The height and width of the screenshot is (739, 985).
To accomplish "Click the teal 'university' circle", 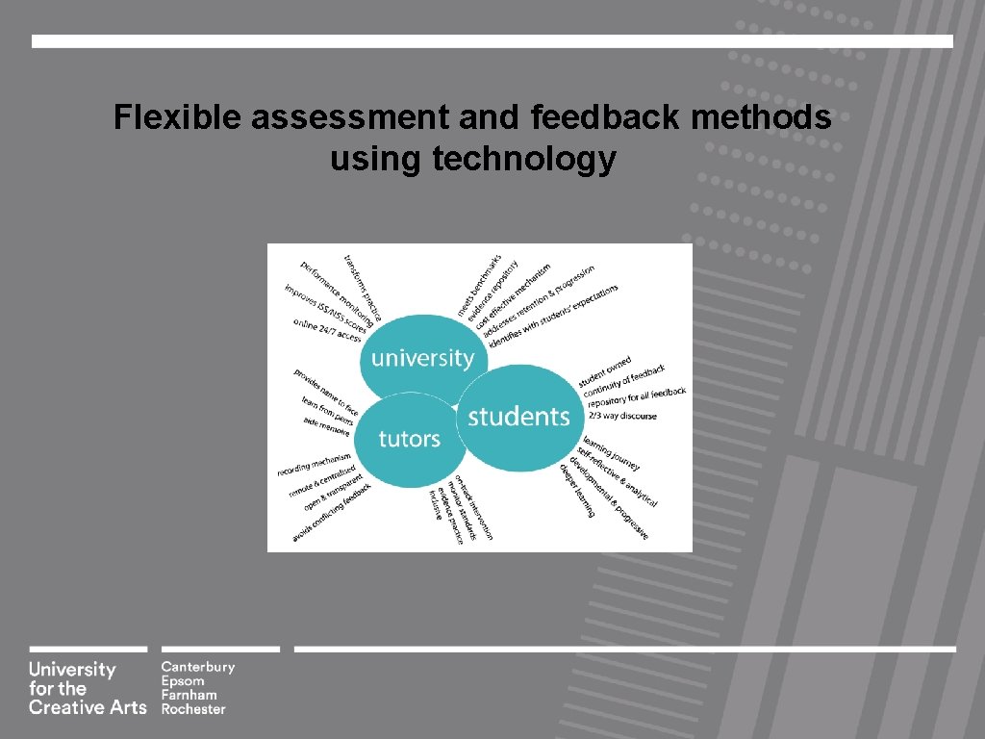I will [422, 358].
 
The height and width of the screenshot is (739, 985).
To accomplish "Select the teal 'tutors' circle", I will [409, 439].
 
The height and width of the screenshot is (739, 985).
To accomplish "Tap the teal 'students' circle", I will [518, 417].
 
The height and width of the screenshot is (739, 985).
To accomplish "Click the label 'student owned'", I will [605, 371].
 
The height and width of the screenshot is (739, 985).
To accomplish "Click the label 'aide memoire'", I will [326, 427].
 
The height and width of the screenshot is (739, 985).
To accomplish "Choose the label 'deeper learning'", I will [576, 490].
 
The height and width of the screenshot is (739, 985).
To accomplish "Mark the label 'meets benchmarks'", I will [478, 286].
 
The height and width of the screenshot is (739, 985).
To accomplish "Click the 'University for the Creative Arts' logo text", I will [87, 688].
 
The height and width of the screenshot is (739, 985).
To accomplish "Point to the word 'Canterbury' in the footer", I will [197, 667].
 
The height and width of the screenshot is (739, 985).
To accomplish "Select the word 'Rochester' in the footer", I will [193, 709].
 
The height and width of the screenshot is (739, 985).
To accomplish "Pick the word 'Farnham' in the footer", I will [189, 695].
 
